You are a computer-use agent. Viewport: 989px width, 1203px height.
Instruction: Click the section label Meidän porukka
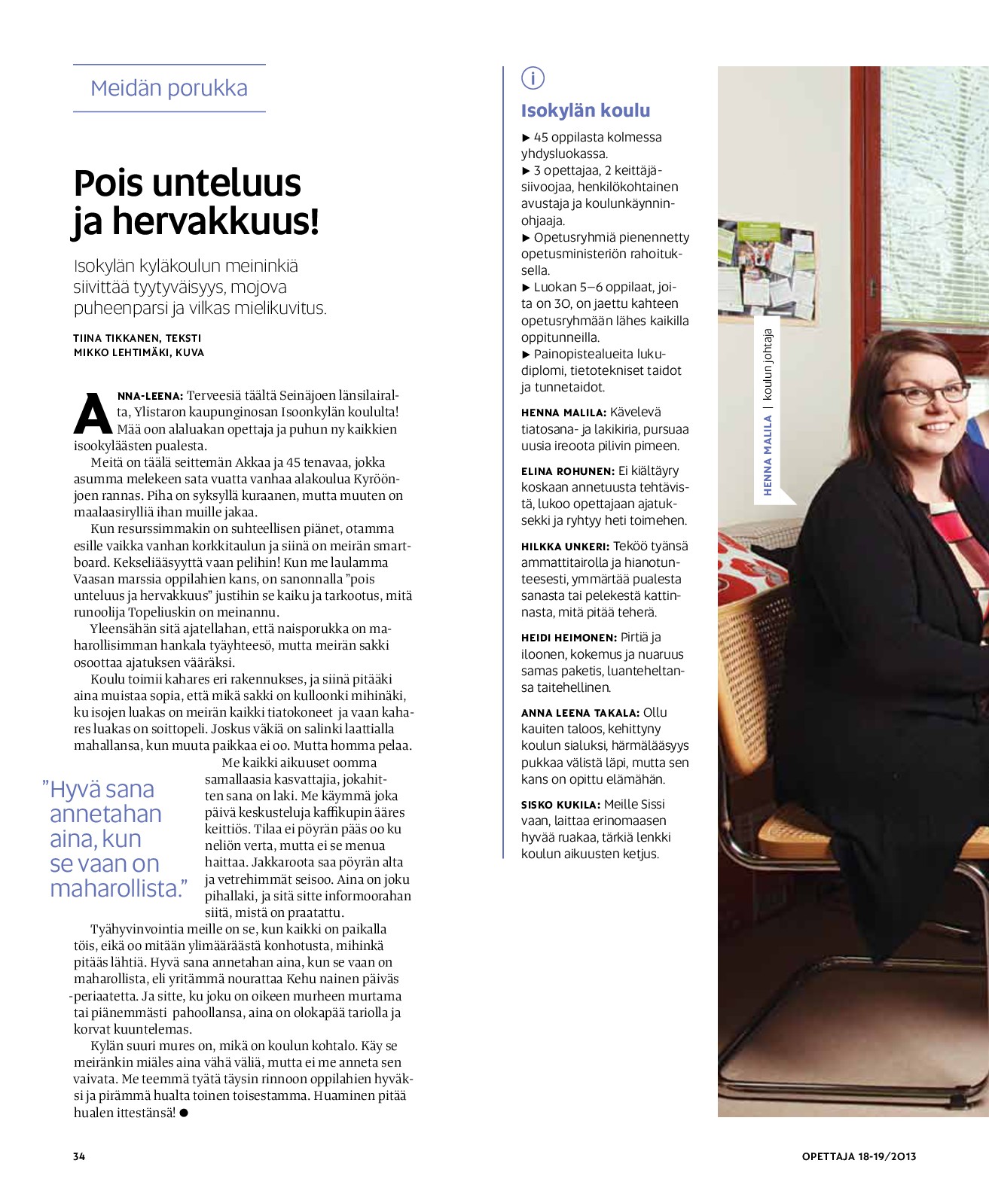(x=169, y=88)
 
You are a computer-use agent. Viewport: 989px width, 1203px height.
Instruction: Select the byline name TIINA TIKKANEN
(x=116, y=338)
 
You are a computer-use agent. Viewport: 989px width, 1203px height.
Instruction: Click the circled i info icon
(x=533, y=78)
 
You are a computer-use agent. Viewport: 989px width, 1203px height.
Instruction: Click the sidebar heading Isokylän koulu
(x=585, y=111)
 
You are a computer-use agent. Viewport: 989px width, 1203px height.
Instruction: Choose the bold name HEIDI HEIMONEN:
(x=569, y=638)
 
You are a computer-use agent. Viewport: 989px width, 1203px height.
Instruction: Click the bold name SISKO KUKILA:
(x=560, y=805)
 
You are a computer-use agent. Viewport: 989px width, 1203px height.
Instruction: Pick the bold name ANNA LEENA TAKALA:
(x=579, y=713)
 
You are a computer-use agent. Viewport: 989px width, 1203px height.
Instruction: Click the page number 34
(x=79, y=1156)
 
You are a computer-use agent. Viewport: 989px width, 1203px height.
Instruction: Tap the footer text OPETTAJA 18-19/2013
(x=859, y=1156)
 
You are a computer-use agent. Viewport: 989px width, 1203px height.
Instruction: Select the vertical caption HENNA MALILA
(x=768, y=455)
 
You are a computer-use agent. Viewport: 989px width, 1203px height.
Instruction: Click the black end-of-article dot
(x=184, y=1113)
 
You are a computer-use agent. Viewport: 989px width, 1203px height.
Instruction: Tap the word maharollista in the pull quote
(x=114, y=888)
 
